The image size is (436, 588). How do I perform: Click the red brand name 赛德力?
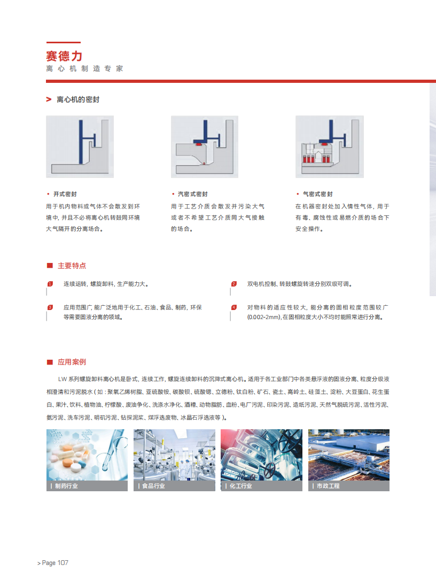(64, 56)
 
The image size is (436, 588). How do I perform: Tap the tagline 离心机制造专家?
(85, 68)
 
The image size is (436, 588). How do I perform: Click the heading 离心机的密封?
(78, 99)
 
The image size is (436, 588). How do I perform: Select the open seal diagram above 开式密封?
(80, 146)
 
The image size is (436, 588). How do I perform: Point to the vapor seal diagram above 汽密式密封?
(205, 146)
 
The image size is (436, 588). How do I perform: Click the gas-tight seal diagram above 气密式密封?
(330, 146)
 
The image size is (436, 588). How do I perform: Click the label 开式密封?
(65, 194)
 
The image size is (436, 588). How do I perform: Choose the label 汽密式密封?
(193, 194)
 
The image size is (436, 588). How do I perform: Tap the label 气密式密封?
(317, 194)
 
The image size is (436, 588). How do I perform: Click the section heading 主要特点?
(72, 266)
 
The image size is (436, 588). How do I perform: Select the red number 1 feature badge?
(50, 284)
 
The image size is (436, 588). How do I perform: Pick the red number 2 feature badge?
(234, 284)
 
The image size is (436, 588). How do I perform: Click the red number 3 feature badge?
(50, 307)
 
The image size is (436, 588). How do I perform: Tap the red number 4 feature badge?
(234, 307)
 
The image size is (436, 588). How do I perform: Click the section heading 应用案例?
(72, 362)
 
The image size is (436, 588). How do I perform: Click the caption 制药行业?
(66, 486)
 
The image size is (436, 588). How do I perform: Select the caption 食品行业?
(153, 486)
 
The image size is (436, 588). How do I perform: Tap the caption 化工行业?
(240, 486)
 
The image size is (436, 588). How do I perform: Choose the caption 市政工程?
(328, 486)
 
